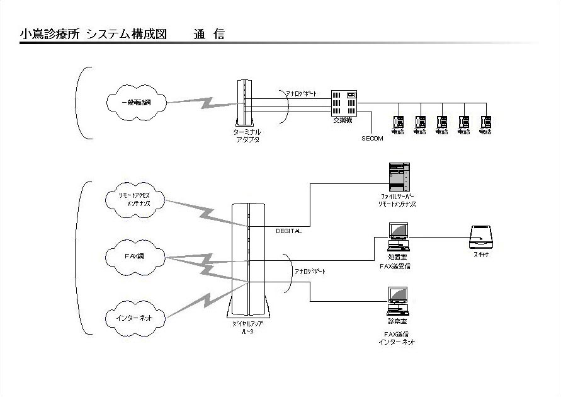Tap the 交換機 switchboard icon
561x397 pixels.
(x=345, y=103)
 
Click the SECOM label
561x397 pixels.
(x=372, y=139)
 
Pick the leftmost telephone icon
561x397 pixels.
(x=398, y=122)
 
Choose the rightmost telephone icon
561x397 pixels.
(x=485, y=122)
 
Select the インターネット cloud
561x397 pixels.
(x=135, y=318)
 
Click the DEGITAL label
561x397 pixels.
(x=288, y=231)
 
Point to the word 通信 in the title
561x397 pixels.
(x=209, y=35)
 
